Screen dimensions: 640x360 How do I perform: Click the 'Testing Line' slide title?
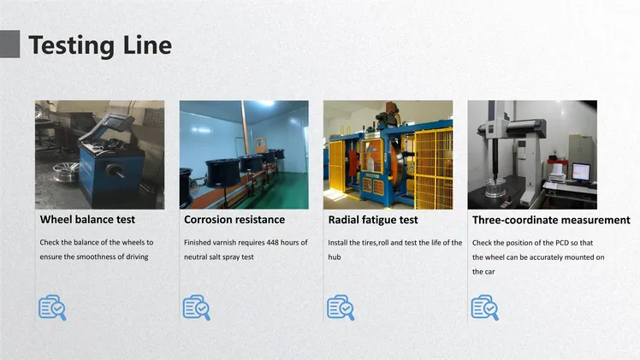click(x=100, y=45)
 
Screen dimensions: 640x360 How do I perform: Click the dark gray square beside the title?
click(x=9, y=44)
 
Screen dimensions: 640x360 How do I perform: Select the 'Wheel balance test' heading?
click(x=87, y=220)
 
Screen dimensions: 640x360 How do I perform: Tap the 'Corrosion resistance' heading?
click(x=234, y=220)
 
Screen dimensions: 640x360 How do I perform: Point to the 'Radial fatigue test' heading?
click(x=373, y=220)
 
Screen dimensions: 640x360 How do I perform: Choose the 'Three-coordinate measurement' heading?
click(x=551, y=220)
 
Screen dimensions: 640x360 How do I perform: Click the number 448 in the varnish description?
click(x=272, y=243)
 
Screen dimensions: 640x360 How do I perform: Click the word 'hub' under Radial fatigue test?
click(x=335, y=257)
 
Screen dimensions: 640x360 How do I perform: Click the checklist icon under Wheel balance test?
click(x=52, y=307)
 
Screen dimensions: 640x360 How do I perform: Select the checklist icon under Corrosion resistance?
click(x=196, y=307)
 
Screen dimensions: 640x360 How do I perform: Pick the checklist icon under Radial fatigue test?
click(x=341, y=307)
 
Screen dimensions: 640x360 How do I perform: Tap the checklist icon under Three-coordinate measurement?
click(x=484, y=307)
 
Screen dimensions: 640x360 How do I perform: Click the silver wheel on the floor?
click(x=66, y=172)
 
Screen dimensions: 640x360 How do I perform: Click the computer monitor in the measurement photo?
click(x=581, y=172)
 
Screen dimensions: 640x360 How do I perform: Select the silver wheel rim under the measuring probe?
click(x=495, y=187)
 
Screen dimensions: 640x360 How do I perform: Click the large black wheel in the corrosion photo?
click(x=222, y=173)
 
